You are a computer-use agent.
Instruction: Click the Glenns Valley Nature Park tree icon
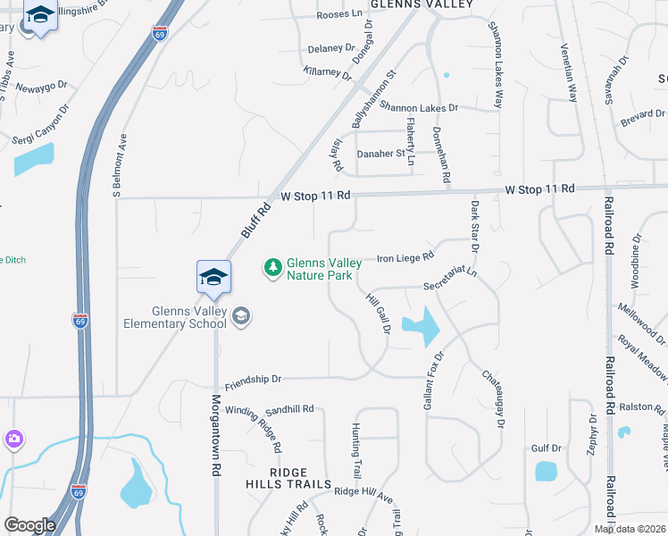[x=272, y=266]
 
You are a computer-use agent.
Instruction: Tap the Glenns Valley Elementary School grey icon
[x=240, y=315]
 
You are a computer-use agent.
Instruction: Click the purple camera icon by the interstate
[x=13, y=439]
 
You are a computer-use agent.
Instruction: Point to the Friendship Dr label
[x=253, y=380]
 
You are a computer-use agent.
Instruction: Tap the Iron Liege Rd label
[x=405, y=257]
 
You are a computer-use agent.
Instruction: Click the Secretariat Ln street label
[x=451, y=281]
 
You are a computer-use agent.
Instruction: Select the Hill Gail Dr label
[x=379, y=313]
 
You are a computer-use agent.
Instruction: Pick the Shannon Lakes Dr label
[x=418, y=107]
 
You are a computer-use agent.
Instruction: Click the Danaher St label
[x=381, y=154]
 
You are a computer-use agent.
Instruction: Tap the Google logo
[x=29, y=525]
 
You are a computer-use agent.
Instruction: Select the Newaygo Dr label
[x=41, y=86]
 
